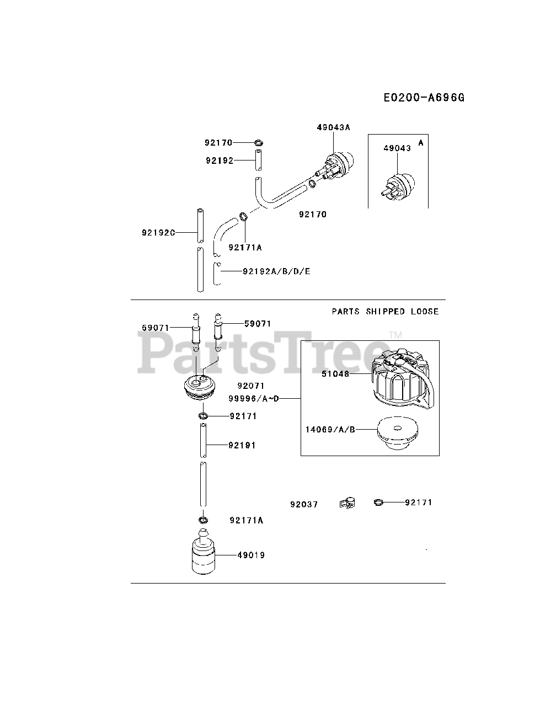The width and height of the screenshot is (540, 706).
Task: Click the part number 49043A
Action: coord(334,127)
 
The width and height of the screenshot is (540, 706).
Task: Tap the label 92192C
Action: coord(158,233)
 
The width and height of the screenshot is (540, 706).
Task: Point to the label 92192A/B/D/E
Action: coord(276,271)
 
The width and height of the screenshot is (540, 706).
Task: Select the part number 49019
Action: coord(251,555)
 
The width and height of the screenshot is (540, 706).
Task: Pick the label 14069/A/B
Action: coord(330,429)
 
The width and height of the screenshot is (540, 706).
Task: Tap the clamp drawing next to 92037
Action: coord(347,503)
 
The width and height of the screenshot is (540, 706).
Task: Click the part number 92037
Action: coord(304,504)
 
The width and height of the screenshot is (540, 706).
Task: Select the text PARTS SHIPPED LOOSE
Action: coord(385,312)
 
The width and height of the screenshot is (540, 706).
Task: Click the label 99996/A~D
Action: coord(254,398)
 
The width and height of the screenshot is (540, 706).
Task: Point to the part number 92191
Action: coord(242,445)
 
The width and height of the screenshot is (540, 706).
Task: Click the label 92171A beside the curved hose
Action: coord(245,248)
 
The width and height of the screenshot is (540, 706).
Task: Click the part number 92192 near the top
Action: coord(220,161)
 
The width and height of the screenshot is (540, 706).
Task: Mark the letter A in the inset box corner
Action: coord(421,142)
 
